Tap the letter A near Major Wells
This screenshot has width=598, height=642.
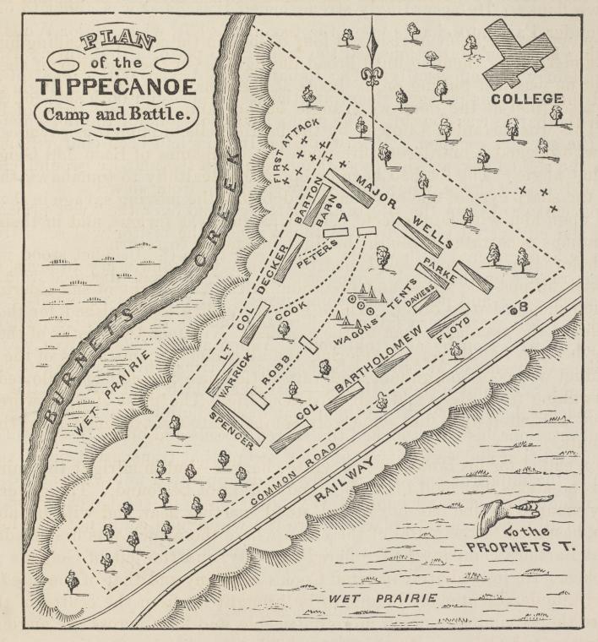(x=343, y=217)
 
